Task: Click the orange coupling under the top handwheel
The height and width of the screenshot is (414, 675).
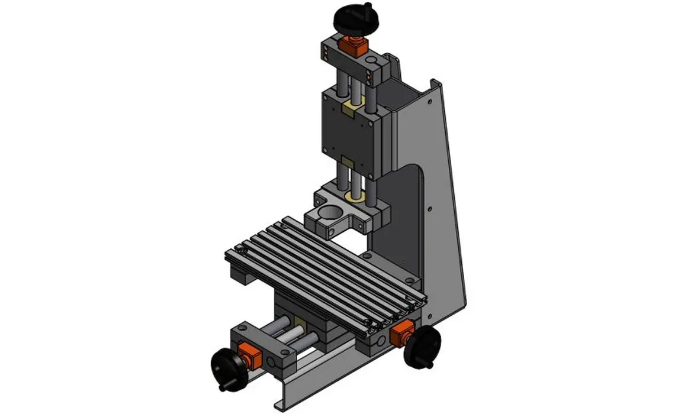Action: click(352, 45)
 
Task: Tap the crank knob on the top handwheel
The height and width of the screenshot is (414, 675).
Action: click(368, 7)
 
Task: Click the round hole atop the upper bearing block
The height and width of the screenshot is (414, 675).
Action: click(371, 61)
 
